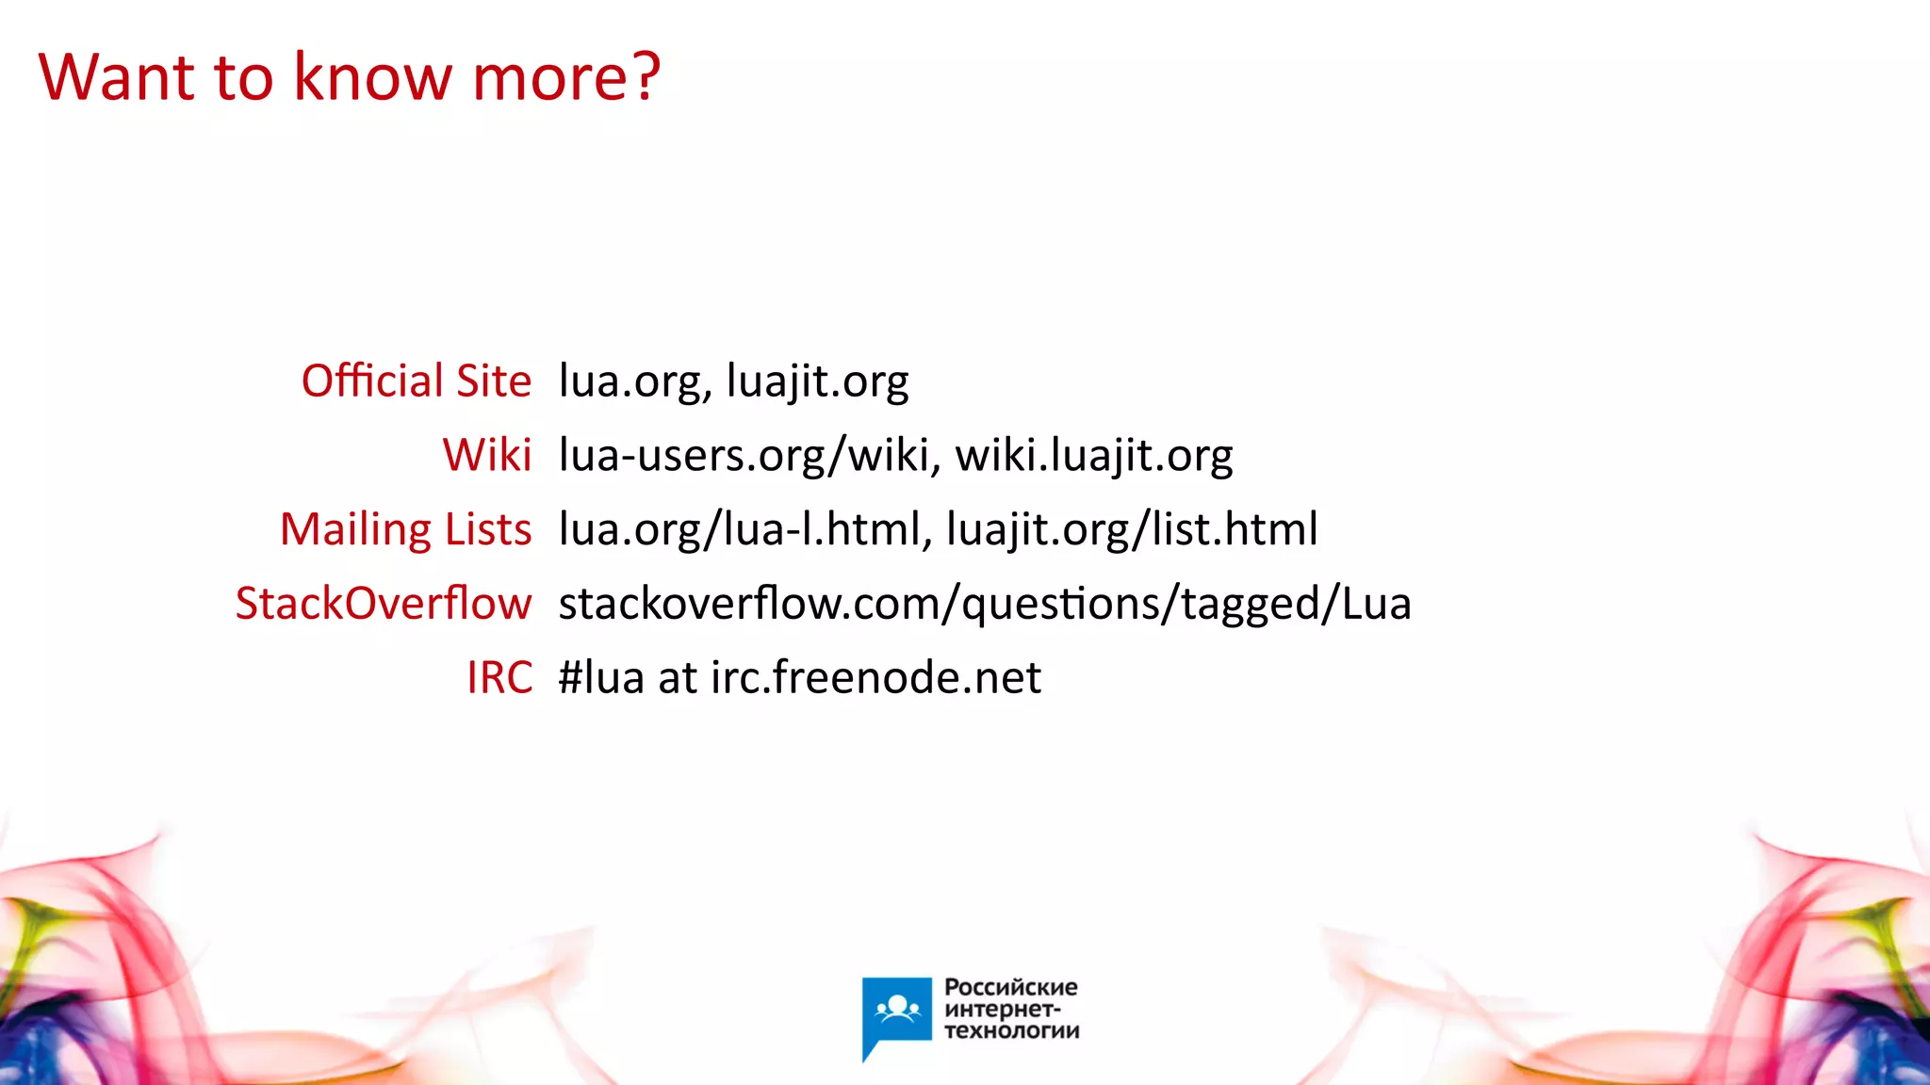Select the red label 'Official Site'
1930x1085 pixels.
coord(417,381)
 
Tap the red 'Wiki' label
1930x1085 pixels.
coord(487,455)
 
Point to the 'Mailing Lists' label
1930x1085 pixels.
coord(406,529)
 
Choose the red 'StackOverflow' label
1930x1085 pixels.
coord(384,603)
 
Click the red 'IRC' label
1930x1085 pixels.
coord(499,677)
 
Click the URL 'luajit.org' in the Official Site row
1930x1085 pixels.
coord(818,382)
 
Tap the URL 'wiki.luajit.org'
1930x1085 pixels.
coord(1094,456)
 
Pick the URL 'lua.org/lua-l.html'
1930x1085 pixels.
coord(740,529)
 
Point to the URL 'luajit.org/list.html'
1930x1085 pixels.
coord(1132,529)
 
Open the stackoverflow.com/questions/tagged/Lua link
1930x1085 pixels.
coord(985,604)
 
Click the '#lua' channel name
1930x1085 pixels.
coord(601,677)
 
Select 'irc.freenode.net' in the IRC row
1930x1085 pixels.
coord(876,677)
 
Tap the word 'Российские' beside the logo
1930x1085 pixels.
coord(1011,987)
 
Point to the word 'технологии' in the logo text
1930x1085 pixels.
coord(1012,1030)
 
